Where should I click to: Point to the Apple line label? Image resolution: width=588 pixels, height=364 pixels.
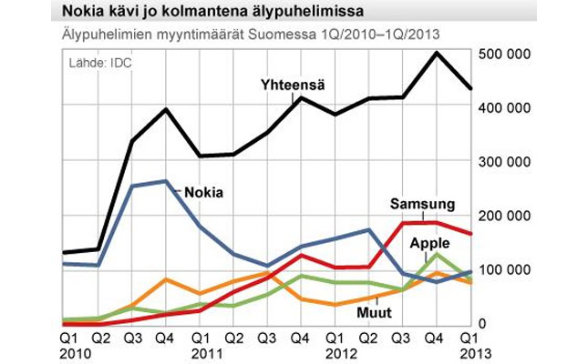(430, 243)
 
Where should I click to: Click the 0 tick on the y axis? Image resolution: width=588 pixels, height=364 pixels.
(494, 324)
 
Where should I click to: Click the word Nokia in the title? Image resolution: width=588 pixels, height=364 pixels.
(84, 13)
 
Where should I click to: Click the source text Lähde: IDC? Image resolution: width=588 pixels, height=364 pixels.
(98, 63)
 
